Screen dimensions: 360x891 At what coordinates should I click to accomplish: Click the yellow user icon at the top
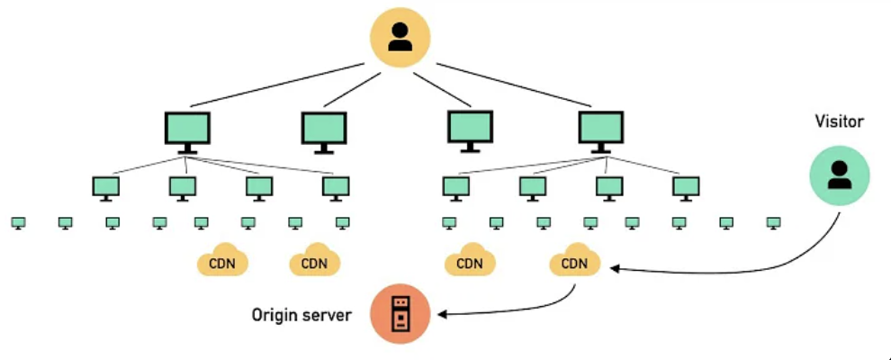point(400,38)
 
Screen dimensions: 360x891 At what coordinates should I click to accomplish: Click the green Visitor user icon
point(839,175)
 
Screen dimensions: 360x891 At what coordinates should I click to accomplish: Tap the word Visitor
point(839,121)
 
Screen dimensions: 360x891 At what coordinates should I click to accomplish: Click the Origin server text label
point(301,315)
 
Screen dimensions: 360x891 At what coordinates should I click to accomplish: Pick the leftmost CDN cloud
point(222,262)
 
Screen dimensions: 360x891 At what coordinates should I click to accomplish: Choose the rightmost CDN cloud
point(574,262)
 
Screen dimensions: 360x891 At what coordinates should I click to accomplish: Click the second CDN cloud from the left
point(314,262)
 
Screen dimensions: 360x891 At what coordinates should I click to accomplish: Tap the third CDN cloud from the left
point(469,262)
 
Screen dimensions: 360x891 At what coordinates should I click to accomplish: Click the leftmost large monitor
point(187,131)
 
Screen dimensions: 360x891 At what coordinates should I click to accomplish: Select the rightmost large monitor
point(600,131)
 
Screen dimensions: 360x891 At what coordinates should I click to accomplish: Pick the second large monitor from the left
point(324,131)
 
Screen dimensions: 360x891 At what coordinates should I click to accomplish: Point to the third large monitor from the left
point(470,130)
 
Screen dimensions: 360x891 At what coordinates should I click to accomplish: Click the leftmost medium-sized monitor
point(106,187)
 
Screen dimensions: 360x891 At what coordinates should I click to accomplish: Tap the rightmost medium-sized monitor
point(685,187)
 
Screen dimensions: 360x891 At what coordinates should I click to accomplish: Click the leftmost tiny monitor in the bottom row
point(18,221)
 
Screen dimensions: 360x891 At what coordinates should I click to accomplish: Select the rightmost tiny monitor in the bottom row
point(772,221)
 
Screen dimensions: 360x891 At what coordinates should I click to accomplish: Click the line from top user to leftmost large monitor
point(279,85)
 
